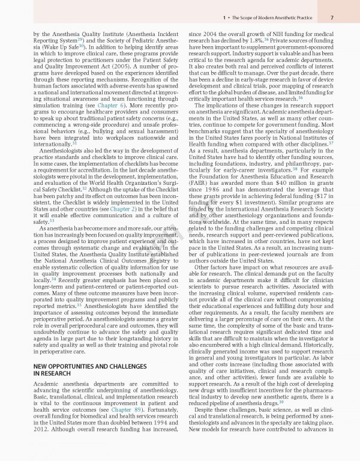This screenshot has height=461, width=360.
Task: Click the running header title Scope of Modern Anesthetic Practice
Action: [282, 19]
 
